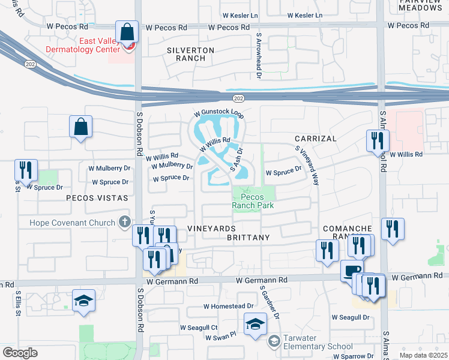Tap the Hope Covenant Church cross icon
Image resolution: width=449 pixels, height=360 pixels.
click(x=125, y=223)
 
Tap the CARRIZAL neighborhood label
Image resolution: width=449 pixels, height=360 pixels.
click(x=315, y=139)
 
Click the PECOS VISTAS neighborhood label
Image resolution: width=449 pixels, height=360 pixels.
click(x=97, y=197)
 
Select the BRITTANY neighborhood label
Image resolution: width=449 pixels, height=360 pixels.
click(x=249, y=238)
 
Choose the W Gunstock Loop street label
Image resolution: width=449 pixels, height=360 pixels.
click(x=218, y=113)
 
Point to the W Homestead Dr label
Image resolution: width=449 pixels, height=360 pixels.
click(x=228, y=306)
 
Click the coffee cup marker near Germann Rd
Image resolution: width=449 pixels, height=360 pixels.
click(x=352, y=271)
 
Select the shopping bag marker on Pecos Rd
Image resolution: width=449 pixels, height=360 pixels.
click(x=127, y=32)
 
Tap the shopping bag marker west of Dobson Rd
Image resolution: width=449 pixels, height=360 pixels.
click(x=80, y=127)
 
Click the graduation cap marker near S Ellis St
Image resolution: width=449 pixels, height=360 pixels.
click(x=83, y=301)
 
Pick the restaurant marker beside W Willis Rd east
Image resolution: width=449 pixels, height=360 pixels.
click(x=378, y=140)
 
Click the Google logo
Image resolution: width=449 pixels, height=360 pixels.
click(x=20, y=353)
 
